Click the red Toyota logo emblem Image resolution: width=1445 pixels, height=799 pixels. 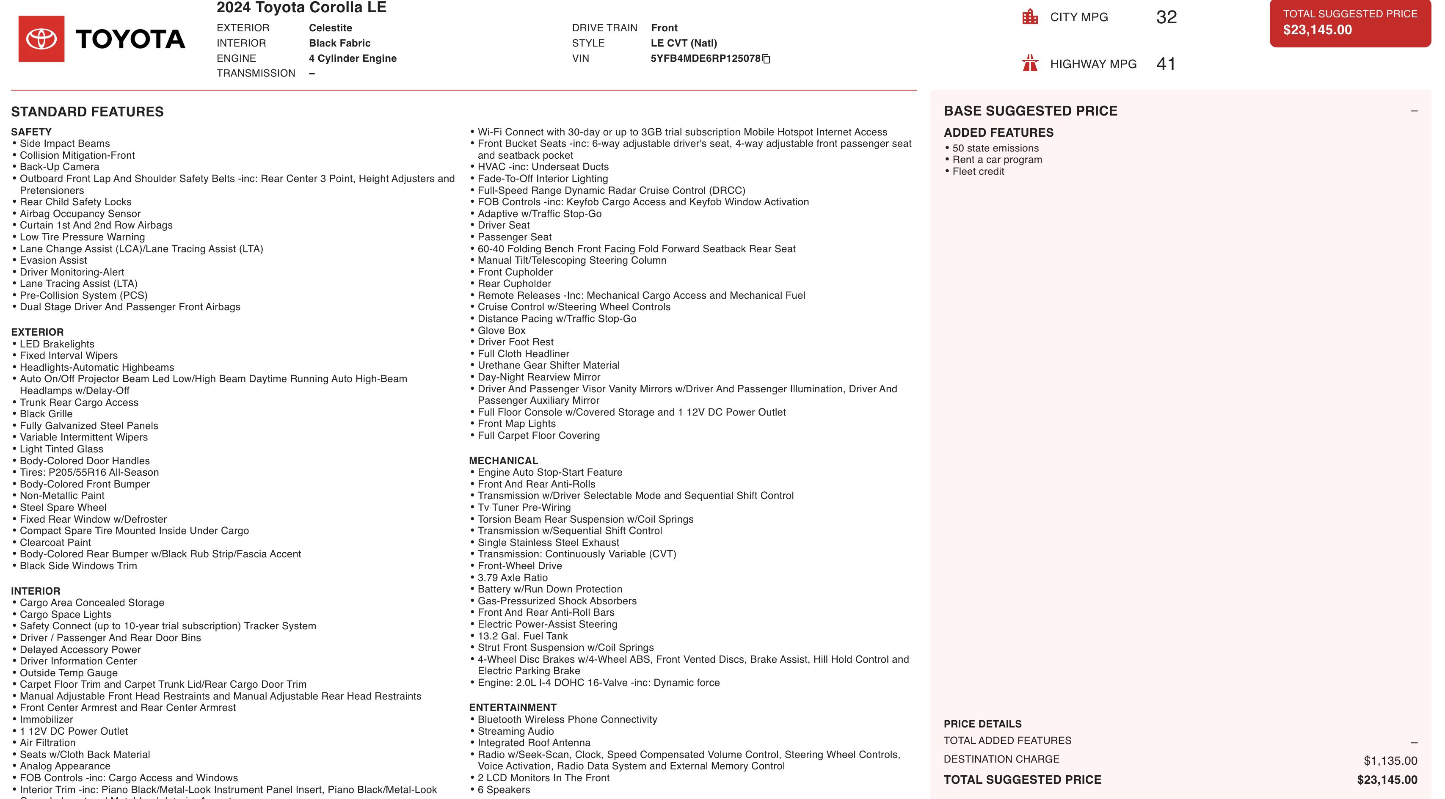41,39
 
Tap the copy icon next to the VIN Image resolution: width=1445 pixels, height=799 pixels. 766,59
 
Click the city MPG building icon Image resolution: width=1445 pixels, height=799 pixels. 1030,17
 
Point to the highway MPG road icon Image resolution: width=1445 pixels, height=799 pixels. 1030,63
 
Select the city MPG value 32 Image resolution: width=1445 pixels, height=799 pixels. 1166,17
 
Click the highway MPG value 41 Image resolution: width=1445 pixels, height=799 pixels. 1166,64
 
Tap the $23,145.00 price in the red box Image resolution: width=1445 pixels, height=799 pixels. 1317,30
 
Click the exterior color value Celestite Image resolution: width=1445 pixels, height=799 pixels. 331,28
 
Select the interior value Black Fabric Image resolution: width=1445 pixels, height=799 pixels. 339,43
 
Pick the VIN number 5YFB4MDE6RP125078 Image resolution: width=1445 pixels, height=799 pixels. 705,58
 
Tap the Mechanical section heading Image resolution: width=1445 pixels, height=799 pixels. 503,460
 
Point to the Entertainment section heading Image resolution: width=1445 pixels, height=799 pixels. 513,708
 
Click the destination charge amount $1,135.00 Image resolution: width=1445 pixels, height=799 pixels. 1390,761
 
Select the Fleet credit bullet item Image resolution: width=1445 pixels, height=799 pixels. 978,171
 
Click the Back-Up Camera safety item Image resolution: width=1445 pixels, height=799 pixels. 59,166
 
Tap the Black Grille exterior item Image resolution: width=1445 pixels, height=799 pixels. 46,414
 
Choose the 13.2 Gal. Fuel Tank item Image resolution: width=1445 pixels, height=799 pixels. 522,636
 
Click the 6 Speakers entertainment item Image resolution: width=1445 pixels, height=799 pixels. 504,789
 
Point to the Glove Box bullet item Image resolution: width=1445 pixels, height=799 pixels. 502,330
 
